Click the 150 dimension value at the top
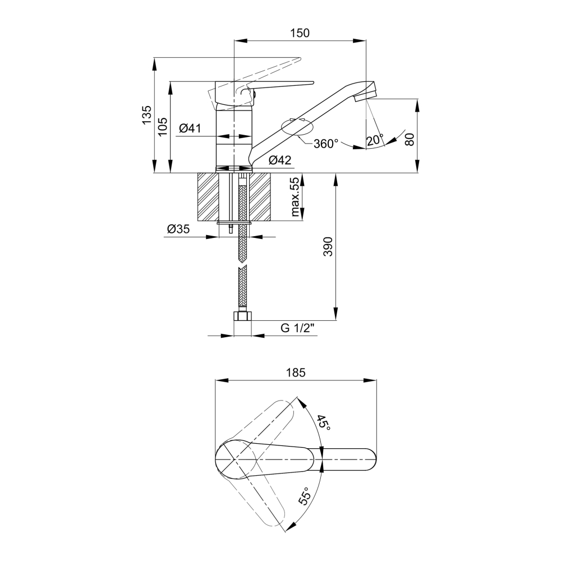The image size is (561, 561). tap(300, 33)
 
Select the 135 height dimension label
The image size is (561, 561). tap(146, 115)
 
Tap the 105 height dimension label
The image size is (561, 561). tap(163, 126)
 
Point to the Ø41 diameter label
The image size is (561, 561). tap(190, 128)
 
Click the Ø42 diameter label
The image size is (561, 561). tap(280, 160)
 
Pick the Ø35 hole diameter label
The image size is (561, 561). tap(178, 229)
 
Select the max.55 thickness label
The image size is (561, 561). tap(295, 197)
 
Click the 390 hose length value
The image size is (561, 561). tap(328, 246)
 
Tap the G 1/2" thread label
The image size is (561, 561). tap(297, 328)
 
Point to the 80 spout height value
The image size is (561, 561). tap(410, 139)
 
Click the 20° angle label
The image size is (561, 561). tap(374, 140)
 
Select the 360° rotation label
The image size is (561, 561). tap(325, 144)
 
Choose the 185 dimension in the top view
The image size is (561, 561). tap(296, 373)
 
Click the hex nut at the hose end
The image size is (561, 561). tap(242, 316)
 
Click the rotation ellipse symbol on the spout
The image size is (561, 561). tap(297, 127)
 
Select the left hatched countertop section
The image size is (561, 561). tap(208, 196)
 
